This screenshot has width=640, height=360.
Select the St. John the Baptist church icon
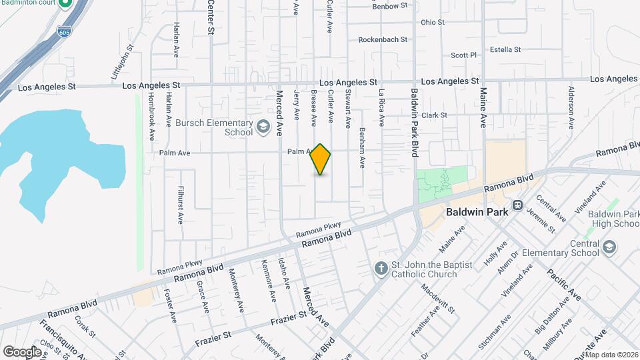[x=381, y=269]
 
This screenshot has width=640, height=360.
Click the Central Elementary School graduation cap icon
[x=608, y=247]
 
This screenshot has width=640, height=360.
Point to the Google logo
[x=22, y=351]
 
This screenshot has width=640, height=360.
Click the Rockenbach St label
[x=383, y=39]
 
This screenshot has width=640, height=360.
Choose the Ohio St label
[x=433, y=22]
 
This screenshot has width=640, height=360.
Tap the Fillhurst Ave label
[x=180, y=204]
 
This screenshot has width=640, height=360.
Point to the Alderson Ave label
[x=571, y=107]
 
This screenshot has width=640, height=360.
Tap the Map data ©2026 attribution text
[x=611, y=355]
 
